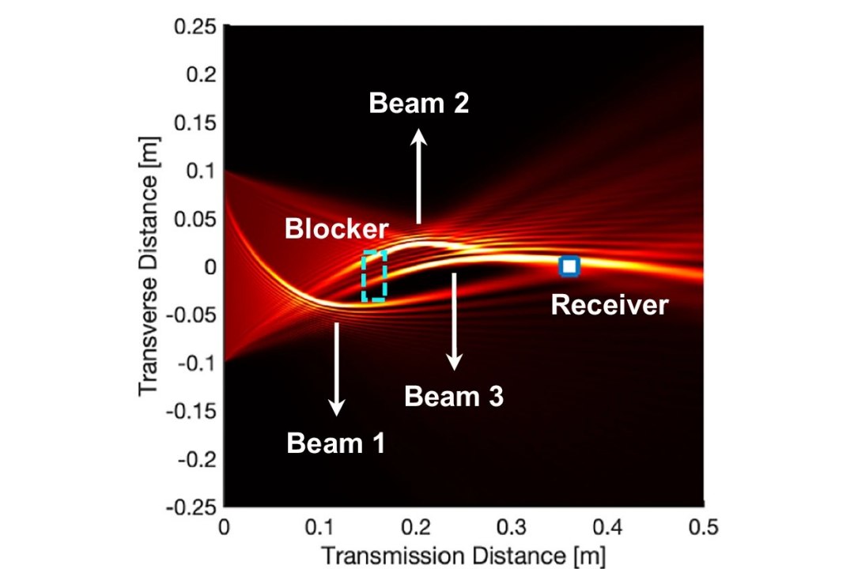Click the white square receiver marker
(x=569, y=266)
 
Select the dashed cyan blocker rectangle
(x=374, y=276)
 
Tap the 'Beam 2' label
(x=418, y=103)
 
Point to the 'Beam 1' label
(x=336, y=443)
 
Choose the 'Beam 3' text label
(x=453, y=396)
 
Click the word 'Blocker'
(x=337, y=229)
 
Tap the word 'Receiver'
(x=609, y=304)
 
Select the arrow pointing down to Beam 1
(x=338, y=368)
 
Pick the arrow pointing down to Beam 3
(x=455, y=321)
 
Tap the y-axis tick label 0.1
(x=198, y=171)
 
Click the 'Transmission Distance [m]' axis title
(x=464, y=552)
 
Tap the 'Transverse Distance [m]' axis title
(x=149, y=267)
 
